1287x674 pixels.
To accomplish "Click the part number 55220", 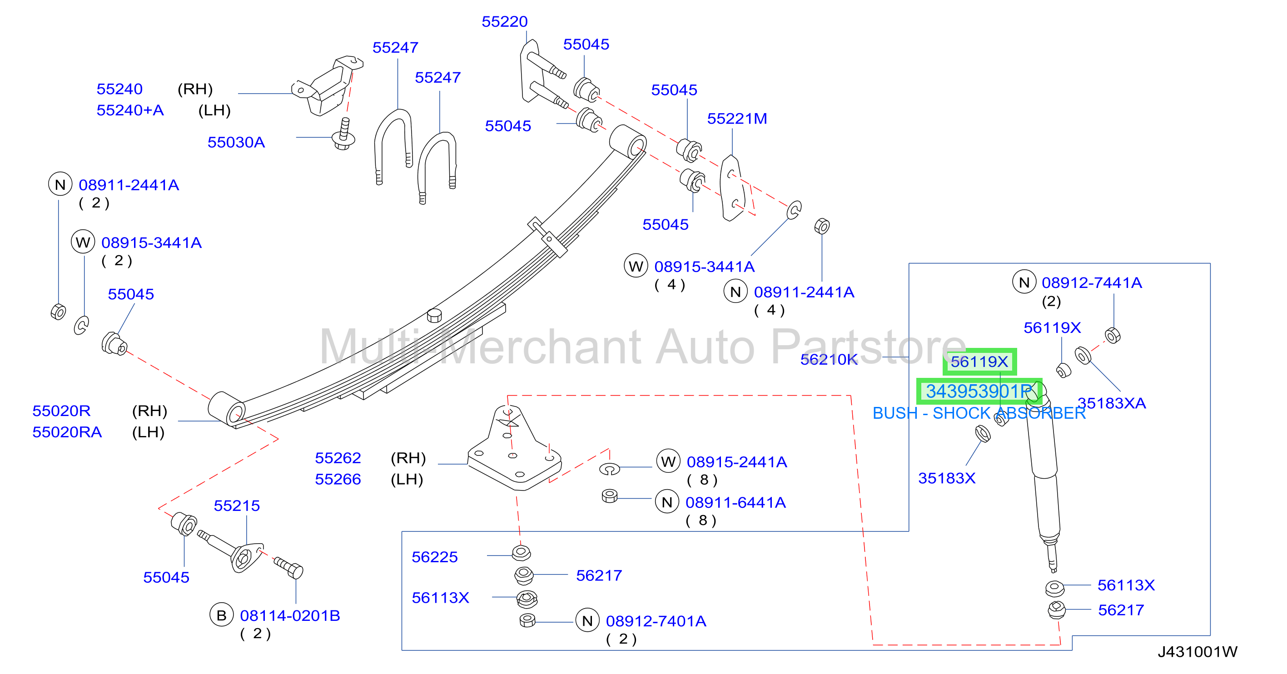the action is pyautogui.click(x=504, y=21).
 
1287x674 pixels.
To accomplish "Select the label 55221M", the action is pyautogui.click(x=736, y=119).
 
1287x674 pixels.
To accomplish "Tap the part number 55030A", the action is pyautogui.click(x=236, y=143).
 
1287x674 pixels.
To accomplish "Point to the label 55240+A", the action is pyautogui.click(x=130, y=110).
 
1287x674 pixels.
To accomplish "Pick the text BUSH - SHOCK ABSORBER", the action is pyautogui.click(x=979, y=413).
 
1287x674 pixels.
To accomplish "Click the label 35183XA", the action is pyautogui.click(x=1111, y=403).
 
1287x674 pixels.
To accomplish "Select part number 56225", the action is pyautogui.click(x=434, y=557).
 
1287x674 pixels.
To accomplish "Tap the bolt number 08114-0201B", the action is pyautogui.click(x=290, y=615).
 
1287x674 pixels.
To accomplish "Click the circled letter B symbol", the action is pyautogui.click(x=221, y=615).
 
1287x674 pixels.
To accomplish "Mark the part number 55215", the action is pyautogui.click(x=236, y=505).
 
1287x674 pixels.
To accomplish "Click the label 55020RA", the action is pyautogui.click(x=67, y=432).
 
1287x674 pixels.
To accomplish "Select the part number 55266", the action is pyautogui.click(x=338, y=479).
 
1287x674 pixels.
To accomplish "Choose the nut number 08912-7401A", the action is pyautogui.click(x=656, y=621).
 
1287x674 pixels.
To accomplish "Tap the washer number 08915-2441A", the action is pyautogui.click(x=737, y=462).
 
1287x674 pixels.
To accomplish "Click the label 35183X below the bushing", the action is pyautogui.click(x=947, y=478).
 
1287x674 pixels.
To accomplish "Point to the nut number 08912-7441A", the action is pyautogui.click(x=1092, y=283).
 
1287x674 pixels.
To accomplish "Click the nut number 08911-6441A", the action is pyautogui.click(x=735, y=503).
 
